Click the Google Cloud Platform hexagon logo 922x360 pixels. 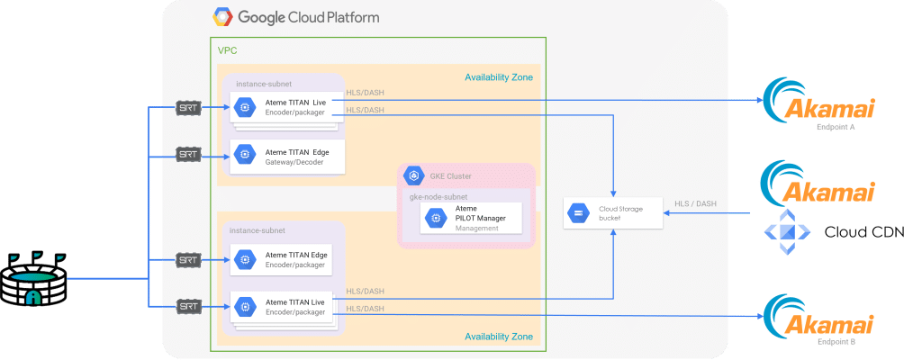[221, 17]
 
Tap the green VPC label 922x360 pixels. [227, 49]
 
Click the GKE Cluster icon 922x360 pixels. [415, 176]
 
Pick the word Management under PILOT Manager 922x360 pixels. [476, 229]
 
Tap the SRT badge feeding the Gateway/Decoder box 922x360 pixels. [187, 156]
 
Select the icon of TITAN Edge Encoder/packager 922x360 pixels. [241, 260]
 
